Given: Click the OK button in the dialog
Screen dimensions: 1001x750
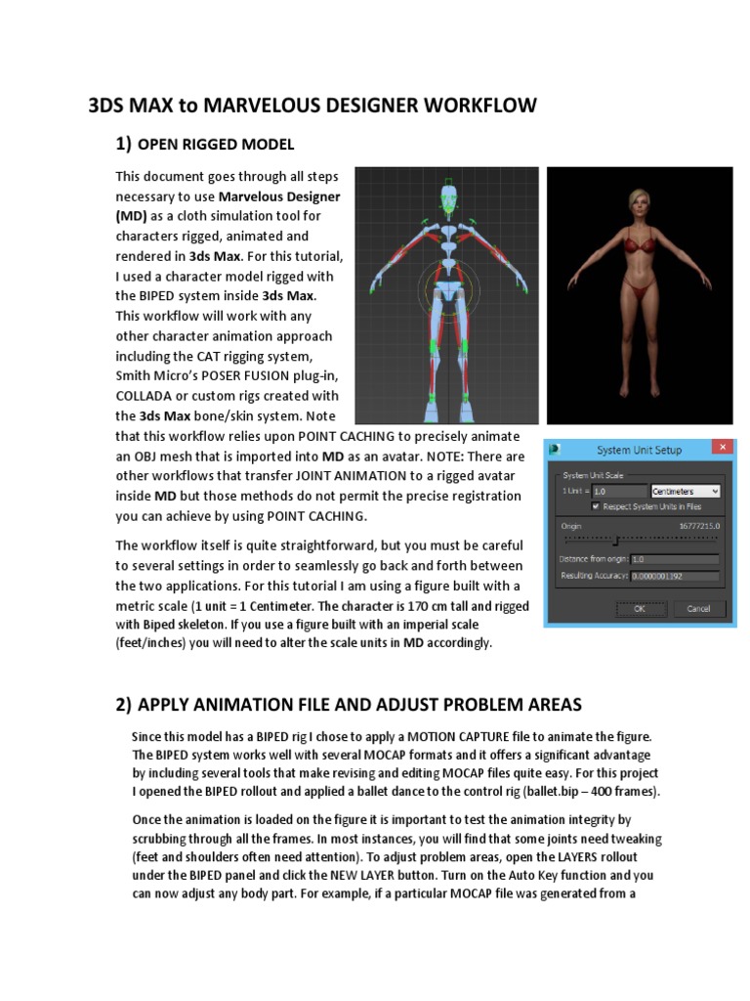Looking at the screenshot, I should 640,608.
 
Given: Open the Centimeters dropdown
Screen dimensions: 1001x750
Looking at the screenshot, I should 685,491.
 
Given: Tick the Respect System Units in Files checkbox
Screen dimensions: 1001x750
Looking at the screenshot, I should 597,506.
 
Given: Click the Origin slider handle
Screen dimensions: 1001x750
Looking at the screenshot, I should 616,539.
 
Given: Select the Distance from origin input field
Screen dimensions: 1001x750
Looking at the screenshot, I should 674,559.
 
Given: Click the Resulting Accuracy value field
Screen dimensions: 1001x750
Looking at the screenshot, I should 674,577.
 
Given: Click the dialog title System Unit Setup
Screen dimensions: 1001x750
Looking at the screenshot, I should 640,450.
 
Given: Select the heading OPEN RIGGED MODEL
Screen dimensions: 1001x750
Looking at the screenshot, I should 216,145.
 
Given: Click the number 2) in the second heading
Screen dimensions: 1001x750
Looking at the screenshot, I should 124,704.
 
